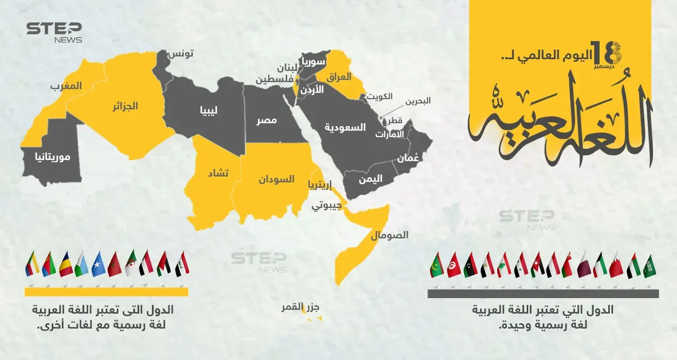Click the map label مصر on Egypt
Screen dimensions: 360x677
coord(267,121)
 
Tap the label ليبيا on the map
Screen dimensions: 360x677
coord(208,111)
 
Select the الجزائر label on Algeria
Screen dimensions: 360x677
coord(125,106)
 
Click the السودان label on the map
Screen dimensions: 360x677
coord(277,179)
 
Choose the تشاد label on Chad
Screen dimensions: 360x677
coord(217,174)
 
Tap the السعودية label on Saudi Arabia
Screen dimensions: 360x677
coord(345,127)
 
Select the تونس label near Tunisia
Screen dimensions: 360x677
coord(181,54)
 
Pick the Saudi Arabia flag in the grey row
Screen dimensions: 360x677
coord(649,266)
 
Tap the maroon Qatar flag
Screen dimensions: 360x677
coord(584,265)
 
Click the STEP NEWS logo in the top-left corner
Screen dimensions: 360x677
coord(54,33)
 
